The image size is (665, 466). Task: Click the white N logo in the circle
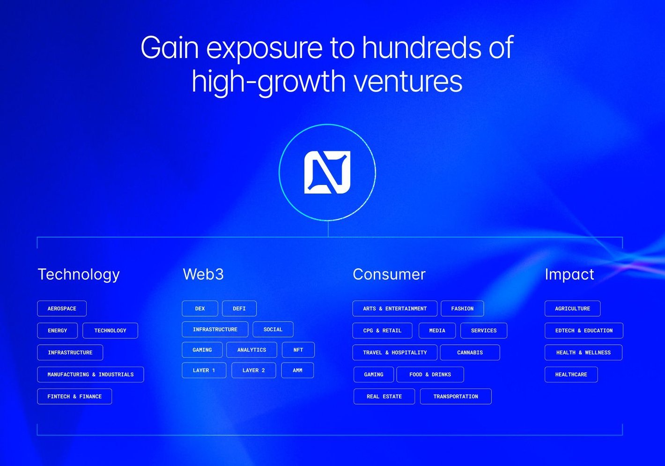(x=327, y=172)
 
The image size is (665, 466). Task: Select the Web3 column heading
(x=203, y=274)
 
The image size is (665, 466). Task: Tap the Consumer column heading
(x=389, y=274)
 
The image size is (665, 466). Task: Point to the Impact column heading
(x=569, y=274)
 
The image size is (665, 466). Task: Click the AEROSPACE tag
(x=62, y=308)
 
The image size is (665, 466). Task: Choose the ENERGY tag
(x=57, y=330)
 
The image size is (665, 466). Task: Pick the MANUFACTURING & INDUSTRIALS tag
(x=90, y=374)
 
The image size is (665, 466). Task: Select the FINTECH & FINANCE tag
(x=74, y=396)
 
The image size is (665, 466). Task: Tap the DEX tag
(x=200, y=308)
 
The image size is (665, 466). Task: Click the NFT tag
(x=298, y=350)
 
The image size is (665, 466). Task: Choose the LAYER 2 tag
(x=253, y=370)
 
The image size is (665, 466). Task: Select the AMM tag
(x=297, y=370)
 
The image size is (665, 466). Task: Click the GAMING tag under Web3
(x=202, y=350)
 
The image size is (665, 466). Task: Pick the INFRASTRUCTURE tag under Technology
(x=70, y=352)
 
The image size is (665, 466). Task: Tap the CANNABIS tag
(x=470, y=352)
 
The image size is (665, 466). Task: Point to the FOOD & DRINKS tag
(x=430, y=374)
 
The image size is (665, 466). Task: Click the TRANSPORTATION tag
(x=456, y=396)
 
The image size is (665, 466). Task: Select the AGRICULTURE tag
(x=572, y=308)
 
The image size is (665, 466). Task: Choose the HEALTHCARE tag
(x=571, y=374)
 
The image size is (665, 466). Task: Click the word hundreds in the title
(x=421, y=47)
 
